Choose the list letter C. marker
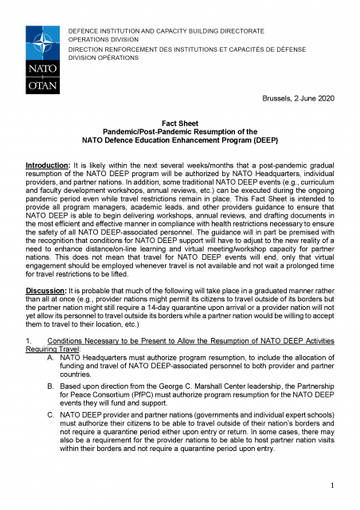pyautogui.click(x=52, y=414)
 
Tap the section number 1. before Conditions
pyautogui.click(x=29, y=339)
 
